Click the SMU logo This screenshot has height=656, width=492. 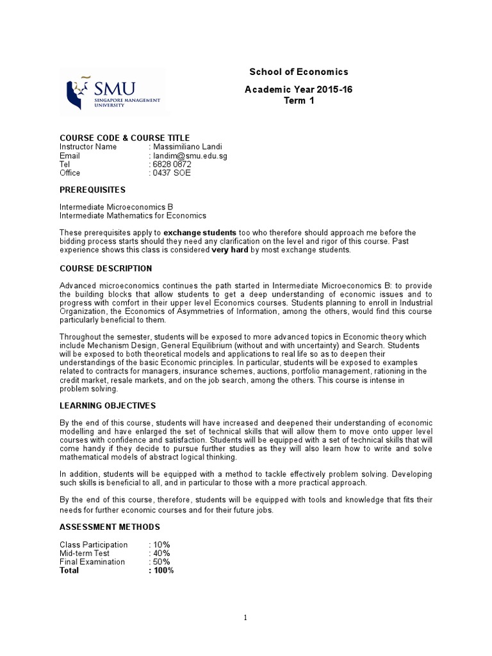(113, 92)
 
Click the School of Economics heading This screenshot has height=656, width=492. (299, 72)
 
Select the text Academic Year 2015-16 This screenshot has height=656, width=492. (299, 90)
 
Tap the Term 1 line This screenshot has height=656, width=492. (299, 101)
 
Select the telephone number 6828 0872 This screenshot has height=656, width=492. (171, 164)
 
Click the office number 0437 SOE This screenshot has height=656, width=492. (171, 173)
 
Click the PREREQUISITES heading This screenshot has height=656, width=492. (92, 190)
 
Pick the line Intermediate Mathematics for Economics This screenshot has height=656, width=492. (133, 216)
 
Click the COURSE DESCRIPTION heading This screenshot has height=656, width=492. (106, 268)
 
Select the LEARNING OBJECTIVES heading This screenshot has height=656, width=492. (107, 406)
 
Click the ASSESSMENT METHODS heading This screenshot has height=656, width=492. (110, 527)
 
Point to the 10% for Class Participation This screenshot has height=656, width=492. (161, 545)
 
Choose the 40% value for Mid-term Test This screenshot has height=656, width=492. (161, 553)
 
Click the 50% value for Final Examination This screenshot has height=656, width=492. (161, 562)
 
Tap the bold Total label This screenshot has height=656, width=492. (69, 570)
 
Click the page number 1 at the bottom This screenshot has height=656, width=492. (245, 618)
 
